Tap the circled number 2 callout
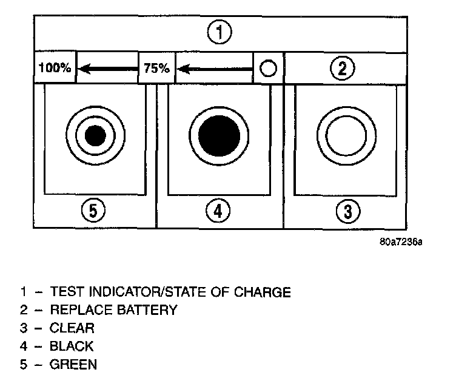343,68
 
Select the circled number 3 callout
347,212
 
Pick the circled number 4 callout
219,212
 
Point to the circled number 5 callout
93,212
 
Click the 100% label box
55,68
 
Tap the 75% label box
158,68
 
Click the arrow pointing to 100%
108,69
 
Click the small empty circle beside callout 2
268,69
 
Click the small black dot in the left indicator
95,135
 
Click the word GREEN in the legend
73,365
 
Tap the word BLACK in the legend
72,346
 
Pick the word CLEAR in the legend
73,328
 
